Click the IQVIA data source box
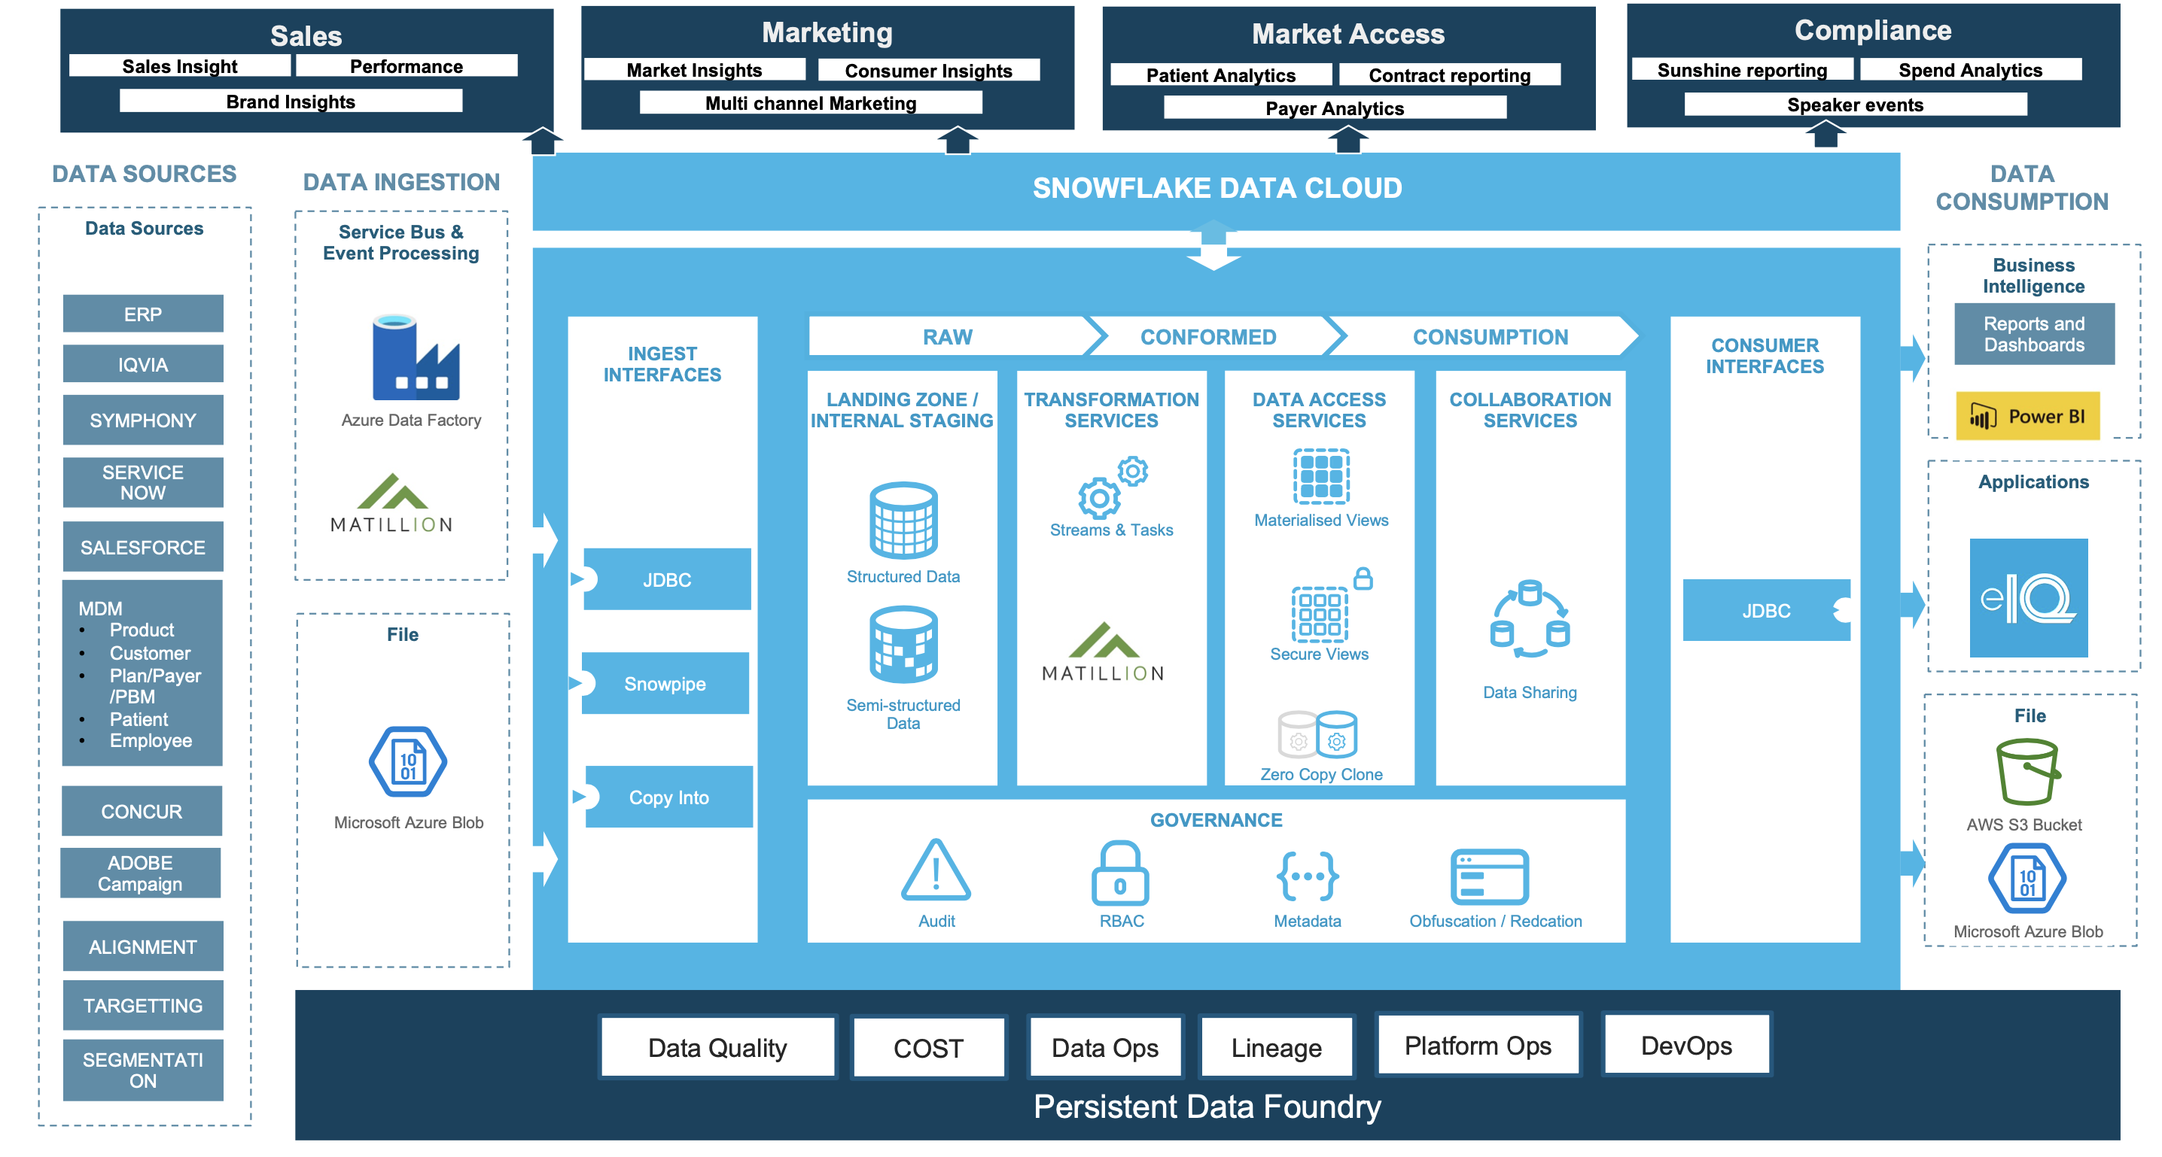[x=143, y=364]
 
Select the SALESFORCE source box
[x=143, y=547]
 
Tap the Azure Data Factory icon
[x=416, y=358]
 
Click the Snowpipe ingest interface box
[x=665, y=684]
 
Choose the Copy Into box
[x=669, y=797]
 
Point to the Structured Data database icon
[x=903, y=520]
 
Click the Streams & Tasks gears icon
[x=1111, y=487]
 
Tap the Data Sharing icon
[x=1529, y=620]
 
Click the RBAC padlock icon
[x=1119, y=874]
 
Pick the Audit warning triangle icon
[x=936, y=871]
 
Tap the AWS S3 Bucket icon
[x=2026, y=772]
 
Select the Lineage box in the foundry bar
[x=1276, y=1047]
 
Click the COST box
[x=927, y=1048]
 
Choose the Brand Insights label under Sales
[x=291, y=102]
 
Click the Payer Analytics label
[x=1335, y=108]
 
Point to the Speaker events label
[x=1855, y=105]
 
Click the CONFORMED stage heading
[x=1207, y=336]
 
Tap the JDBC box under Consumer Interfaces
[x=1766, y=611]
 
